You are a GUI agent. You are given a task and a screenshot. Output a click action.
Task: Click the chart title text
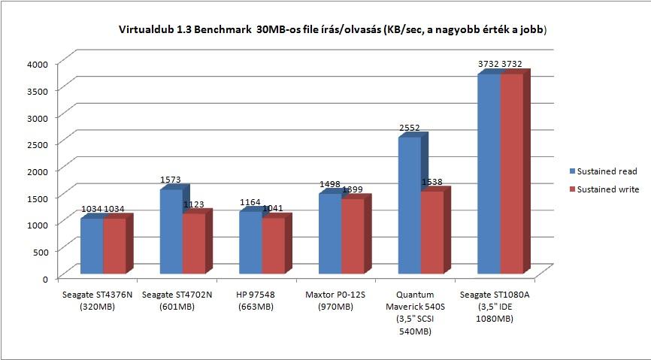(x=332, y=30)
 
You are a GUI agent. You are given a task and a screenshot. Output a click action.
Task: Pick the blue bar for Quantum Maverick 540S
(x=410, y=205)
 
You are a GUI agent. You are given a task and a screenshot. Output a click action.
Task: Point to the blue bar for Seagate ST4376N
(x=92, y=246)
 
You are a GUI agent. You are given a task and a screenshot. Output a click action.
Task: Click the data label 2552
(x=410, y=128)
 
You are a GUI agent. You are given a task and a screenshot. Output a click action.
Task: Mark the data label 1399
(x=352, y=189)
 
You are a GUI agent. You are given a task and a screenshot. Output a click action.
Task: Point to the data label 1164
(x=250, y=202)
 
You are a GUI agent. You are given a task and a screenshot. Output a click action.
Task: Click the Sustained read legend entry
(x=604, y=171)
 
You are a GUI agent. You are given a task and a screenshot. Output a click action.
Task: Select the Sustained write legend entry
(x=604, y=189)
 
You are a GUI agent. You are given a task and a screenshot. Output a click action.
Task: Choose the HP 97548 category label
(x=256, y=301)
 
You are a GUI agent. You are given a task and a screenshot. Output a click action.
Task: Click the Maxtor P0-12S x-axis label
(x=335, y=301)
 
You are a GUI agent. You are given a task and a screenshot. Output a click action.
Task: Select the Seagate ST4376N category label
(x=97, y=301)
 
